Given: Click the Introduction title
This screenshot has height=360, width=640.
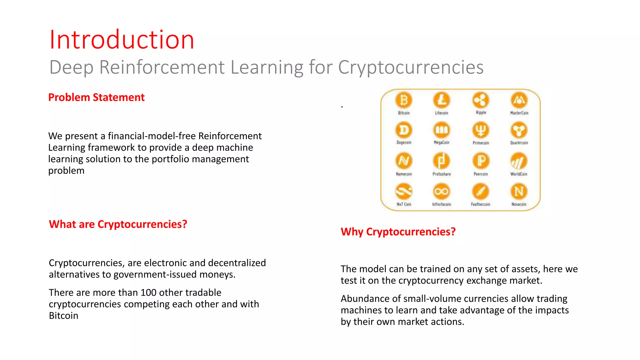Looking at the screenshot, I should pos(122,40).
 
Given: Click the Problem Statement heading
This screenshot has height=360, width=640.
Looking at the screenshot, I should pos(96,97).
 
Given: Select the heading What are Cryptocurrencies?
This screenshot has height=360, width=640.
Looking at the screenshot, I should pos(118,224).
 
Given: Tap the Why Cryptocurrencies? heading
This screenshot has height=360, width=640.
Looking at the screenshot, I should pos(398,232).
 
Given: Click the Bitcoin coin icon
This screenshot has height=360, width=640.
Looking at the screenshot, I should pos(404,100).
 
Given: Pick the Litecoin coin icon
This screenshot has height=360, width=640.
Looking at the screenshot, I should pos(441,100).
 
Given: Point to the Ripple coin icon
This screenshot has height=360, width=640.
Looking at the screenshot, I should pos(481,100).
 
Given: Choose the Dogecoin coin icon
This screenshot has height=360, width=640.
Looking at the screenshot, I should pos(404,130).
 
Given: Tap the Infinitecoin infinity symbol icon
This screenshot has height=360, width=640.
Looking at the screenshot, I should pos(441,191).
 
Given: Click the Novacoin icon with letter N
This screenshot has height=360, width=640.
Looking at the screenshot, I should pos(519,191).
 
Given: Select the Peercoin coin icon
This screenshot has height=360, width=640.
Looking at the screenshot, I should pos(481,161).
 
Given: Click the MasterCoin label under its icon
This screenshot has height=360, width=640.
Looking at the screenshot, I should pos(519,113).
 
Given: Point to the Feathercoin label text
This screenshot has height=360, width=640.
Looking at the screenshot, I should pos(480,204).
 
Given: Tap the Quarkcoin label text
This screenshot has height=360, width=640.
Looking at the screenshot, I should pos(519,143).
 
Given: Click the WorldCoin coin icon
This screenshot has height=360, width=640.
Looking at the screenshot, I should pos(519,161).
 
